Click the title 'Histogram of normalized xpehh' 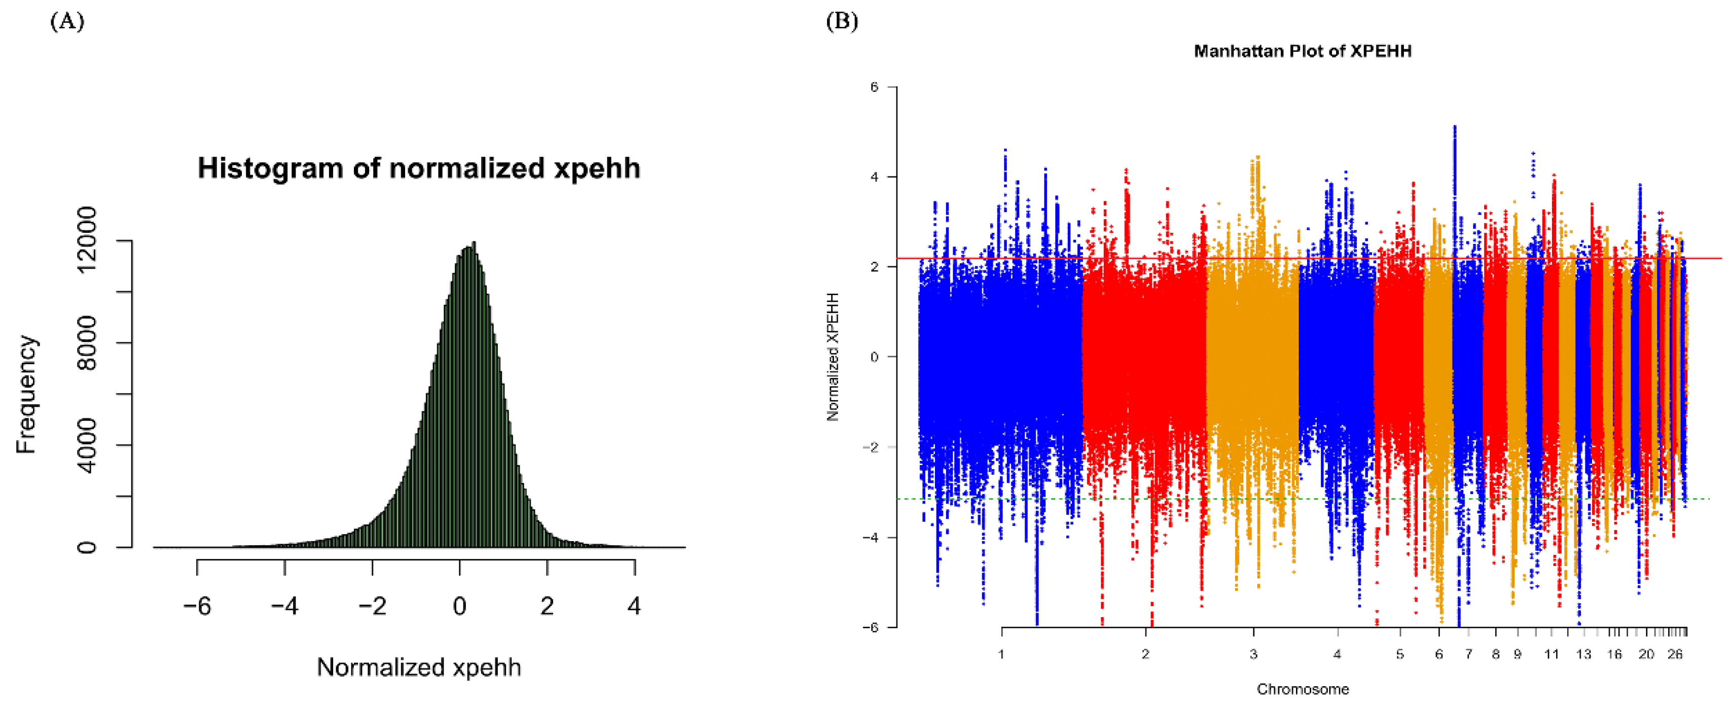point(419,168)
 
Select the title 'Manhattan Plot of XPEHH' point(1302,51)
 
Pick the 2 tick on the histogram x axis point(547,606)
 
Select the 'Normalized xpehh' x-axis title point(419,667)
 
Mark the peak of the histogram point(474,243)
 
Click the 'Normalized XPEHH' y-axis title point(833,357)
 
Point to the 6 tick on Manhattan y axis point(874,87)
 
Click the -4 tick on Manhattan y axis point(872,537)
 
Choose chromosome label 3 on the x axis point(1253,654)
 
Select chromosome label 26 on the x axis point(1675,654)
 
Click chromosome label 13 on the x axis point(1584,654)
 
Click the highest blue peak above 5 point(1455,127)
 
